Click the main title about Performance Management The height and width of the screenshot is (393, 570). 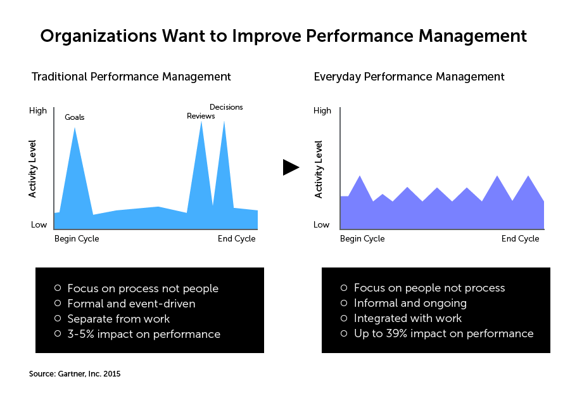[x=283, y=36]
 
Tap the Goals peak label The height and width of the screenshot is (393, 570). [x=74, y=117]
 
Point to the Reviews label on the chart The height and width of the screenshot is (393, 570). [x=201, y=116]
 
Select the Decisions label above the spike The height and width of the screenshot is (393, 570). [x=226, y=107]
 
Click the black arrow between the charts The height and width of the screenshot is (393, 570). [x=291, y=167]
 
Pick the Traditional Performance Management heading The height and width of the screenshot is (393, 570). [x=131, y=77]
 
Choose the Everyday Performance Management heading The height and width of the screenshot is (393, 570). [x=409, y=77]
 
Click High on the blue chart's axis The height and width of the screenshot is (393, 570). [x=38, y=111]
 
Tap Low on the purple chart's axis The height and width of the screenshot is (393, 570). [x=322, y=224]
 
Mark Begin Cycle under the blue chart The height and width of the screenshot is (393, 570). [x=77, y=239]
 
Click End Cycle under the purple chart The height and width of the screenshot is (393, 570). [x=520, y=239]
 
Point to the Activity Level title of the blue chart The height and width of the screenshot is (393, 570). [x=33, y=169]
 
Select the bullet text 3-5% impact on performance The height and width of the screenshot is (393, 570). [x=144, y=334]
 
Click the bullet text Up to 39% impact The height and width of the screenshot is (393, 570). [x=443, y=333]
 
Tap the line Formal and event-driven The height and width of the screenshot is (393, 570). [x=131, y=304]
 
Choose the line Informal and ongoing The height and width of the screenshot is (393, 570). [x=410, y=304]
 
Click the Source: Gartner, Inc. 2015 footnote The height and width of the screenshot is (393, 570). [x=75, y=374]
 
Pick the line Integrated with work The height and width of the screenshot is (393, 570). [x=407, y=318]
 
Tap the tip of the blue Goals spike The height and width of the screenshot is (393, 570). [x=75, y=128]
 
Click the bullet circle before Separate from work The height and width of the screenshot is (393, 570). [x=58, y=318]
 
